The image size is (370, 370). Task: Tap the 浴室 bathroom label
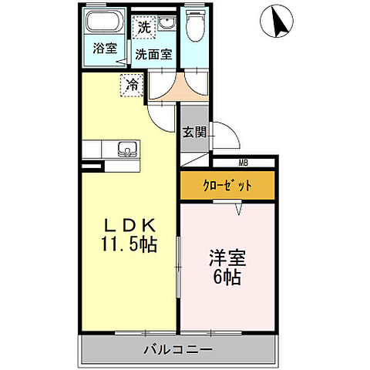click(x=105, y=48)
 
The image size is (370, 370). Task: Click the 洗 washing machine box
click(x=144, y=27)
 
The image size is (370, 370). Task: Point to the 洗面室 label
click(x=154, y=55)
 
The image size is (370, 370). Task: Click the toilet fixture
click(x=195, y=27)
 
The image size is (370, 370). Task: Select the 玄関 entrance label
click(x=194, y=132)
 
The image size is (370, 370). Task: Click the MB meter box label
click(x=243, y=162)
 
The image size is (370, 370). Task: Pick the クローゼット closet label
click(x=227, y=186)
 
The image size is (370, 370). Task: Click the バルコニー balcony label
click(x=177, y=351)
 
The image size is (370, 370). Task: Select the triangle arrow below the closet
click(x=239, y=207)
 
